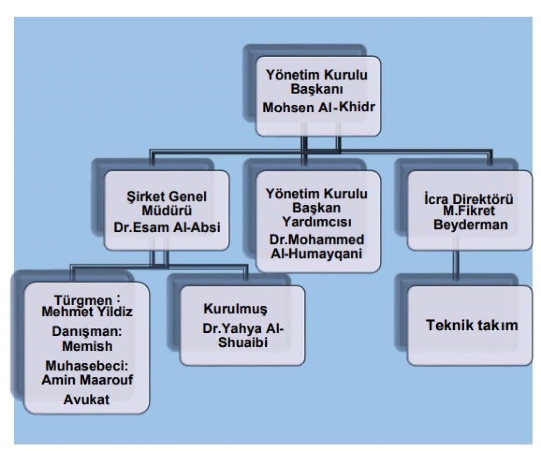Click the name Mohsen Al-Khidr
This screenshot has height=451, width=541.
[318, 107]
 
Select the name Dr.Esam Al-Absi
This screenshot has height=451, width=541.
[167, 228]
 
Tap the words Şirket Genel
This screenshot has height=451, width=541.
[166, 197]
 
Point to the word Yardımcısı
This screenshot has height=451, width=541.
[317, 222]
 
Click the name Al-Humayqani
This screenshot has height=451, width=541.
[316, 254]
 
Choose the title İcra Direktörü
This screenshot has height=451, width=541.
[468, 199]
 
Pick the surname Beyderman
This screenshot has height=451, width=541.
[471, 225]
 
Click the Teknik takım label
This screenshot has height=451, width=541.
[472, 325]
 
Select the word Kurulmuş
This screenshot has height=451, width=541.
[235, 309]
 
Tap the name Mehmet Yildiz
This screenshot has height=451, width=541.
[87, 312]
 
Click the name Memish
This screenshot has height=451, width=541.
[87, 346]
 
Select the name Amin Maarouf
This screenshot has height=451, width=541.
[87, 380]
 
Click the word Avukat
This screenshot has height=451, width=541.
[86, 399]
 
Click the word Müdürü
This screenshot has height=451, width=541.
[167, 210]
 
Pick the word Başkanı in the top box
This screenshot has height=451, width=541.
[317, 89]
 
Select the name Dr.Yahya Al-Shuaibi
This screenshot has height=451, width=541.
[243, 335]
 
